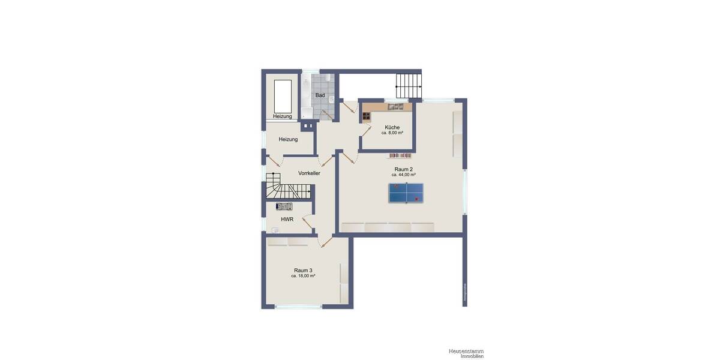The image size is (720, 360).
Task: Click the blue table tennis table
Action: (406, 193)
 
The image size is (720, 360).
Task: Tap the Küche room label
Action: (392, 127)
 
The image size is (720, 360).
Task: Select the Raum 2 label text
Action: (403, 169)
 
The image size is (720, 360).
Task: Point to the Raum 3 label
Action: (303, 270)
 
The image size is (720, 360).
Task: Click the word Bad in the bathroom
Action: (320, 95)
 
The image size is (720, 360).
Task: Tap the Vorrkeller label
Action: (309, 173)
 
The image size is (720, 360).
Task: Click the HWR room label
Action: (286, 219)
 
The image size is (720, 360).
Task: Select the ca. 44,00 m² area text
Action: (403, 175)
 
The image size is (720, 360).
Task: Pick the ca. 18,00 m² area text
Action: (303, 276)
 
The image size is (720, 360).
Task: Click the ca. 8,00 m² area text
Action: (392, 133)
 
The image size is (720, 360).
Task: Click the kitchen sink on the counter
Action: (395, 107)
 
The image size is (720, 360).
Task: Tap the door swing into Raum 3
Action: (326, 242)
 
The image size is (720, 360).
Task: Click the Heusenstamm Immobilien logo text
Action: (466, 353)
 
